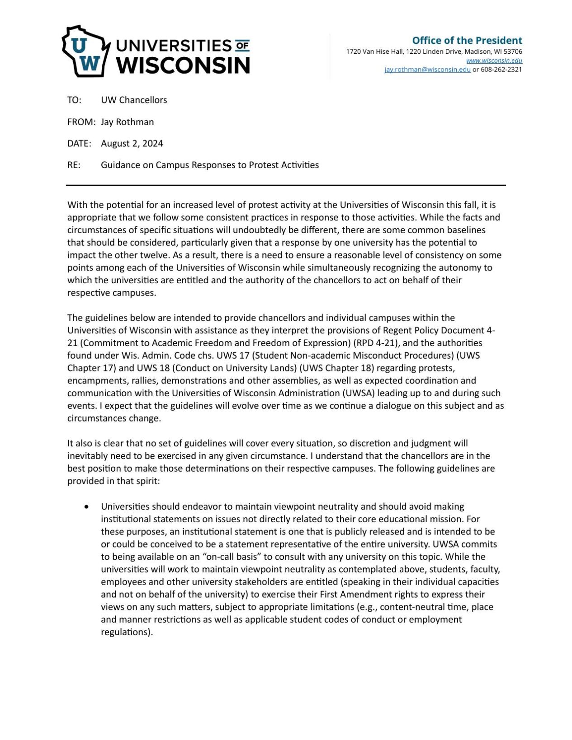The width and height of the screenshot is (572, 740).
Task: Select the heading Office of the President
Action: [x=467, y=40]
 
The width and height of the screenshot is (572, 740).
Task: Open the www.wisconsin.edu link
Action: [x=494, y=61]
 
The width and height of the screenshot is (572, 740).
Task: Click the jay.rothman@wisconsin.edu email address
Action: [x=427, y=70]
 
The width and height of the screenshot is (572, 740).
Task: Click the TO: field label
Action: [x=74, y=100]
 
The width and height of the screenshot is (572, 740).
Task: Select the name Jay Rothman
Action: [x=127, y=122]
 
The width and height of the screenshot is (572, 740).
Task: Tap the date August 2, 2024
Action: [x=132, y=144]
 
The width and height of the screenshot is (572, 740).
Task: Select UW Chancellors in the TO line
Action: [x=134, y=100]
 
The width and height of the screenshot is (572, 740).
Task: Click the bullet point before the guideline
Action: [x=86, y=507]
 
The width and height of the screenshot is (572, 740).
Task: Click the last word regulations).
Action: [x=127, y=632]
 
